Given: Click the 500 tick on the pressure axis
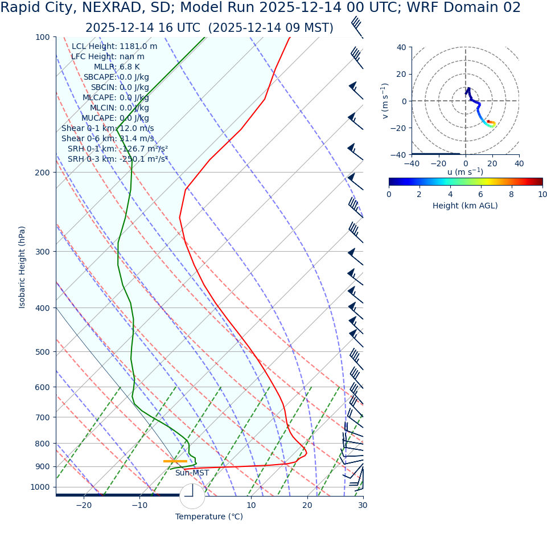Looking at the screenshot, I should (43, 352).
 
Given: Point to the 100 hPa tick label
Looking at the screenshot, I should (43, 37).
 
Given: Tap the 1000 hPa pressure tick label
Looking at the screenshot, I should (40, 487).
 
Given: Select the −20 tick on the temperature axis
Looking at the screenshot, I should (84, 506).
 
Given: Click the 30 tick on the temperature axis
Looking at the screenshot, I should (363, 506).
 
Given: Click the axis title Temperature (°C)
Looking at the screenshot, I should (209, 517).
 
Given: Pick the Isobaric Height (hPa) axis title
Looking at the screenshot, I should (22, 267).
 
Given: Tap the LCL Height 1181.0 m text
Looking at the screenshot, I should (114, 47).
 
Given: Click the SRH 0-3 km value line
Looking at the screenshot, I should (118, 159).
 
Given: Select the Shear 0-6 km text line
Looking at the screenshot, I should (108, 139).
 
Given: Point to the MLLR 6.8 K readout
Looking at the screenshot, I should (117, 67).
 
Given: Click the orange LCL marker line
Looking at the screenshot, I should (175, 461).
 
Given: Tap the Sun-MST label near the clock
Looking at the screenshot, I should (192, 473).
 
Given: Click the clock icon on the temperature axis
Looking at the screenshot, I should (192, 496).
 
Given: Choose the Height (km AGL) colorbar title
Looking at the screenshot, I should (465, 206).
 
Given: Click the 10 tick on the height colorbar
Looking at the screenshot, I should (542, 195).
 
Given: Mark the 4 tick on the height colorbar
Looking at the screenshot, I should (450, 195).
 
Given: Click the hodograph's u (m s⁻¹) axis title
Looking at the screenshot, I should (465, 172).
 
